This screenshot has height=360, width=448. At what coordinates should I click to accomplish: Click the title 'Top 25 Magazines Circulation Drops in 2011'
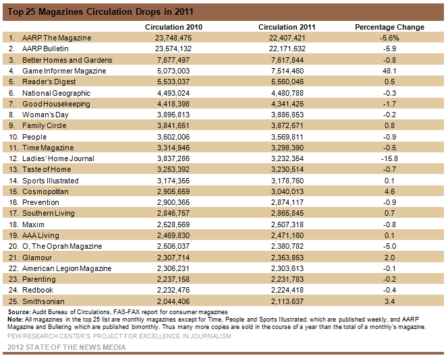(x=101, y=11)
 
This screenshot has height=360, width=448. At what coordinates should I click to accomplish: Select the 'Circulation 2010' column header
(x=173, y=27)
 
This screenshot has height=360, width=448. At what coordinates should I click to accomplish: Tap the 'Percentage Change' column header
(x=389, y=27)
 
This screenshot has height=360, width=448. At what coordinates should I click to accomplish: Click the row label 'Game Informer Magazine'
(x=64, y=71)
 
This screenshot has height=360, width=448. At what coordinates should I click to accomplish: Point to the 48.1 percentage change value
(x=389, y=71)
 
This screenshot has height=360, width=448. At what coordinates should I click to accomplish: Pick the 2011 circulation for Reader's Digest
(x=287, y=82)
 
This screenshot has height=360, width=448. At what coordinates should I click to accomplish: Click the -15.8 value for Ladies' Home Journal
(x=389, y=158)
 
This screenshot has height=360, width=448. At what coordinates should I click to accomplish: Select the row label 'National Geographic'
(x=56, y=93)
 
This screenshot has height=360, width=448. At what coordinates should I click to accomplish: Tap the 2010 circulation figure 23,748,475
(x=173, y=38)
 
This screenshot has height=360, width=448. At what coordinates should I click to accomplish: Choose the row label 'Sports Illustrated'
(x=51, y=181)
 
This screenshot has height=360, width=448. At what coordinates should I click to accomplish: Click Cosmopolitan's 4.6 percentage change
(x=389, y=191)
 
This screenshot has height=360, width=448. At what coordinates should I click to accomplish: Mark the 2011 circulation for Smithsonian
(x=287, y=301)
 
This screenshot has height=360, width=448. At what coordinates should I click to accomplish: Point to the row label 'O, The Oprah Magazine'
(x=62, y=246)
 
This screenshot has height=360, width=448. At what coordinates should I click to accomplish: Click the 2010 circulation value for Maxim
(x=173, y=224)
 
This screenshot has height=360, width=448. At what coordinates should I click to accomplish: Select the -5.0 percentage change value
(x=389, y=246)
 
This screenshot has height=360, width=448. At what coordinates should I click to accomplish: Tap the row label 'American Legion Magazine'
(x=67, y=268)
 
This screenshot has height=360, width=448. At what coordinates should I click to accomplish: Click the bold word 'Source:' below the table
(x=19, y=312)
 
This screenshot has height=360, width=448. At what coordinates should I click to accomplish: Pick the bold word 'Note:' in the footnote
(x=16, y=320)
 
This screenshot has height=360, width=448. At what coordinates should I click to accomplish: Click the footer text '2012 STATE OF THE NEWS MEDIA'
(x=67, y=347)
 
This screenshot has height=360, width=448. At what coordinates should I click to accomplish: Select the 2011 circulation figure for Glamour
(x=287, y=258)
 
